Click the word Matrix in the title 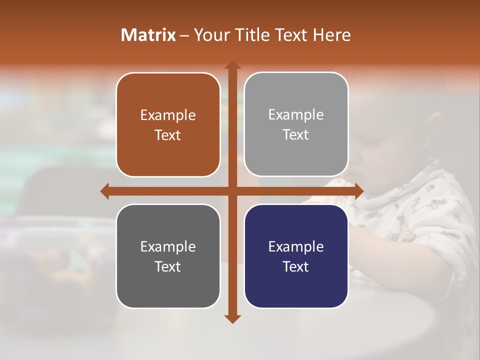click(148, 35)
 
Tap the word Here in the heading click(331, 35)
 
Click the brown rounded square click(168, 125)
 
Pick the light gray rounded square click(296, 124)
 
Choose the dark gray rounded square click(168, 256)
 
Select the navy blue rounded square click(296, 256)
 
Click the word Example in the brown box click(168, 115)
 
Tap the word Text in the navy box click(296, 266)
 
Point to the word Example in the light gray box click(296, 115)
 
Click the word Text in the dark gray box click(168, 266)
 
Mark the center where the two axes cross click(232, 191)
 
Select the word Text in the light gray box click(296, 135)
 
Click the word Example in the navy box click(296, 246)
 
